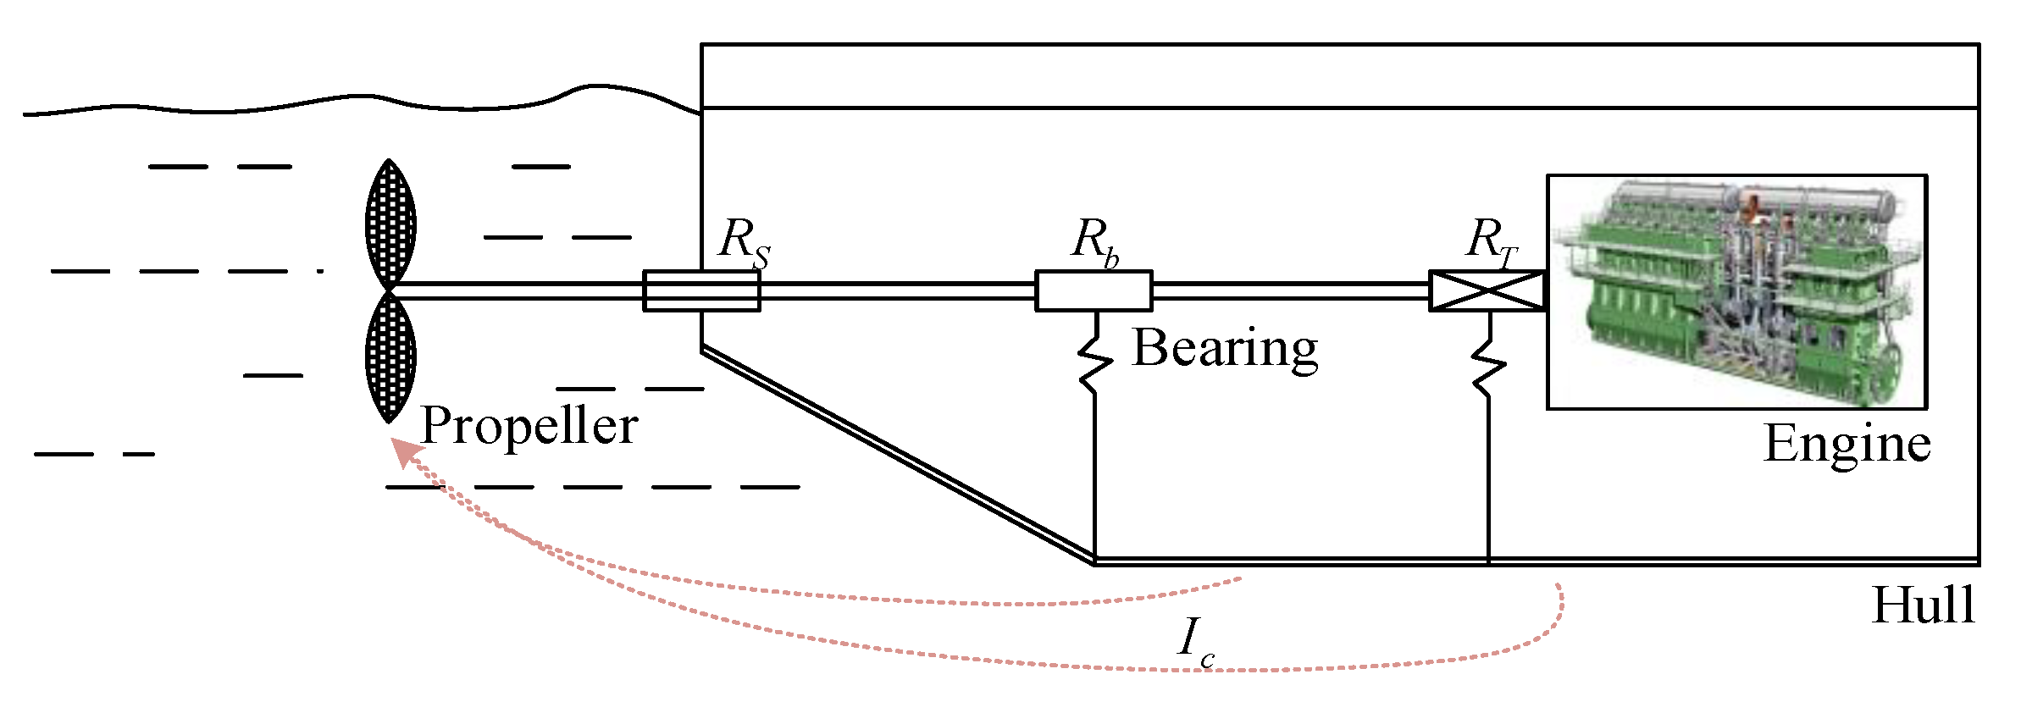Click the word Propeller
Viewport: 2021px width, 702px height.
529,426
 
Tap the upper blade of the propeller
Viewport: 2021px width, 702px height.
390,224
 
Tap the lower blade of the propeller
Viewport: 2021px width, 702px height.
390,356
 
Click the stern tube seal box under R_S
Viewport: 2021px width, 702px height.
701,291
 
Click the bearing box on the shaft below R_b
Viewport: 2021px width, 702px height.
1094,291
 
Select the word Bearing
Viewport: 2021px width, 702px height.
1225,348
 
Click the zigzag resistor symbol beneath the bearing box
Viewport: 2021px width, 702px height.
1095,360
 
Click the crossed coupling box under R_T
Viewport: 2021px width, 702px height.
1487,291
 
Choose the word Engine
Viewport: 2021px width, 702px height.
1847,444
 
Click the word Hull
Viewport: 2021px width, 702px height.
1923,605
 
